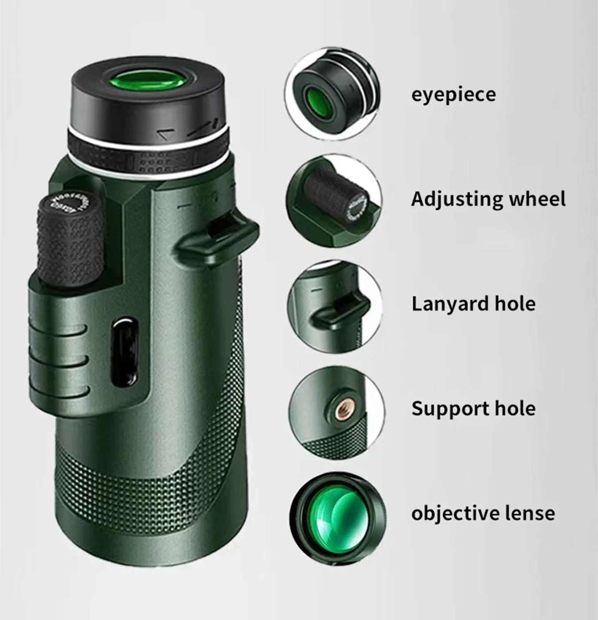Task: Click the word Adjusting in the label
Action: pos(455,200)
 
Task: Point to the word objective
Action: pos(448,514)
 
